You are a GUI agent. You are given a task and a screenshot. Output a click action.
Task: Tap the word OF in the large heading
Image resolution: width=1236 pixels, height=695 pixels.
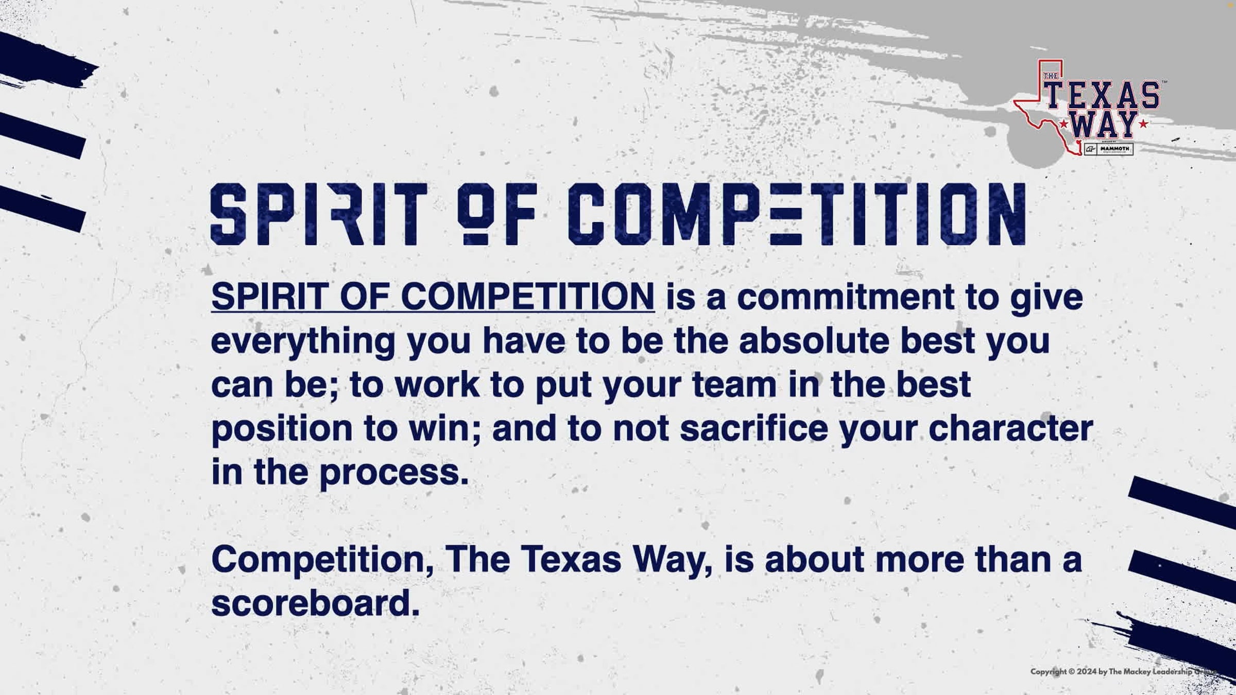(497, 214)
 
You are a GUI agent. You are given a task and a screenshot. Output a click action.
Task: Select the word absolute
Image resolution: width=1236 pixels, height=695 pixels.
(814, 341)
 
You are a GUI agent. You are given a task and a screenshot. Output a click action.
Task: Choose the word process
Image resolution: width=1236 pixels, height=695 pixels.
(394, 473)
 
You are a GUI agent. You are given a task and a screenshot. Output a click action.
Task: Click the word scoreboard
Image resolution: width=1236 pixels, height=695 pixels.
(315, 603)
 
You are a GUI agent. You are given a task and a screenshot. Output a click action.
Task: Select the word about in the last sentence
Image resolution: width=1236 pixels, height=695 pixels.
(814, 560)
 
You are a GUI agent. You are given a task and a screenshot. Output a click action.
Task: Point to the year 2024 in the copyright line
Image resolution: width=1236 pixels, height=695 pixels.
(1086, 671)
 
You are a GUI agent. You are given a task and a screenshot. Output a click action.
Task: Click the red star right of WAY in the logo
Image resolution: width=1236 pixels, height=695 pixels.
(1143, 124)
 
